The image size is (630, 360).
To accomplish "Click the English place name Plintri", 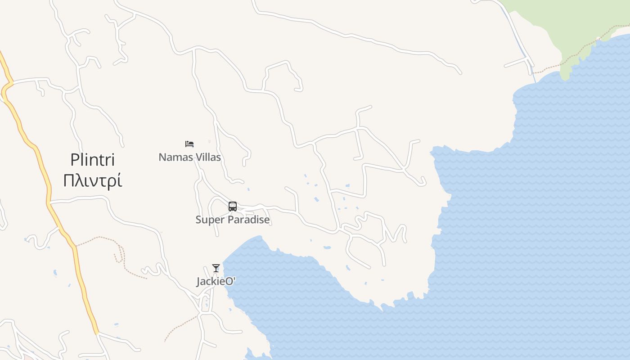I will (x=92, y=160).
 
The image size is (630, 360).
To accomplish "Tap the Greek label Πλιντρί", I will (x=92, y=180).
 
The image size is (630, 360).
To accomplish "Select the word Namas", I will (x=174, y=157).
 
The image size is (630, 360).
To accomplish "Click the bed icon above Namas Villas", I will (x=189, y=144).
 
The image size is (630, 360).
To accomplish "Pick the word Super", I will (x=209, y=220).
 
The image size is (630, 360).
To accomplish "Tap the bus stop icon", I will (x=233, y=207).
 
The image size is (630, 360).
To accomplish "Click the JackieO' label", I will (x=216, y=281).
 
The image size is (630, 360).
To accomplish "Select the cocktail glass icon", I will (x=216, y=268).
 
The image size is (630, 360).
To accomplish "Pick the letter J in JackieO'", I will (x=198, y=282).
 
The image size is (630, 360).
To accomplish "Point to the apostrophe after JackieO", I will (x=234, y=279).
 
